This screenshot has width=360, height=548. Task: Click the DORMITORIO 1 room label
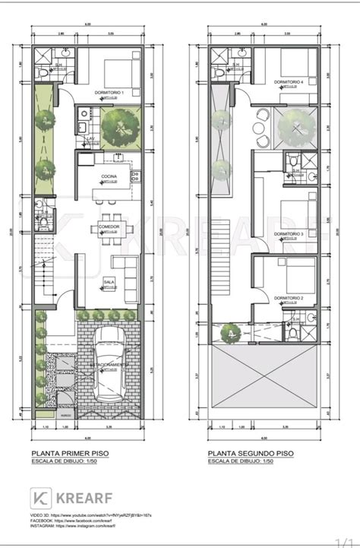point(108,92)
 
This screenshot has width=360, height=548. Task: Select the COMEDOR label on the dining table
point(107,226)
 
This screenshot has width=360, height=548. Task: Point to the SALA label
point(109,282)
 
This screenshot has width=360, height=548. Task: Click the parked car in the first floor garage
point(112,364)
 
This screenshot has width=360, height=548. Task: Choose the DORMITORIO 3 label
point(292,233)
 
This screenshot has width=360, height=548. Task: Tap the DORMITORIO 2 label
point(290,298)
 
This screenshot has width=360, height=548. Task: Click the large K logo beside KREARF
point(41,498)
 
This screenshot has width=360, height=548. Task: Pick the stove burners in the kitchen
point(135,175)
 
